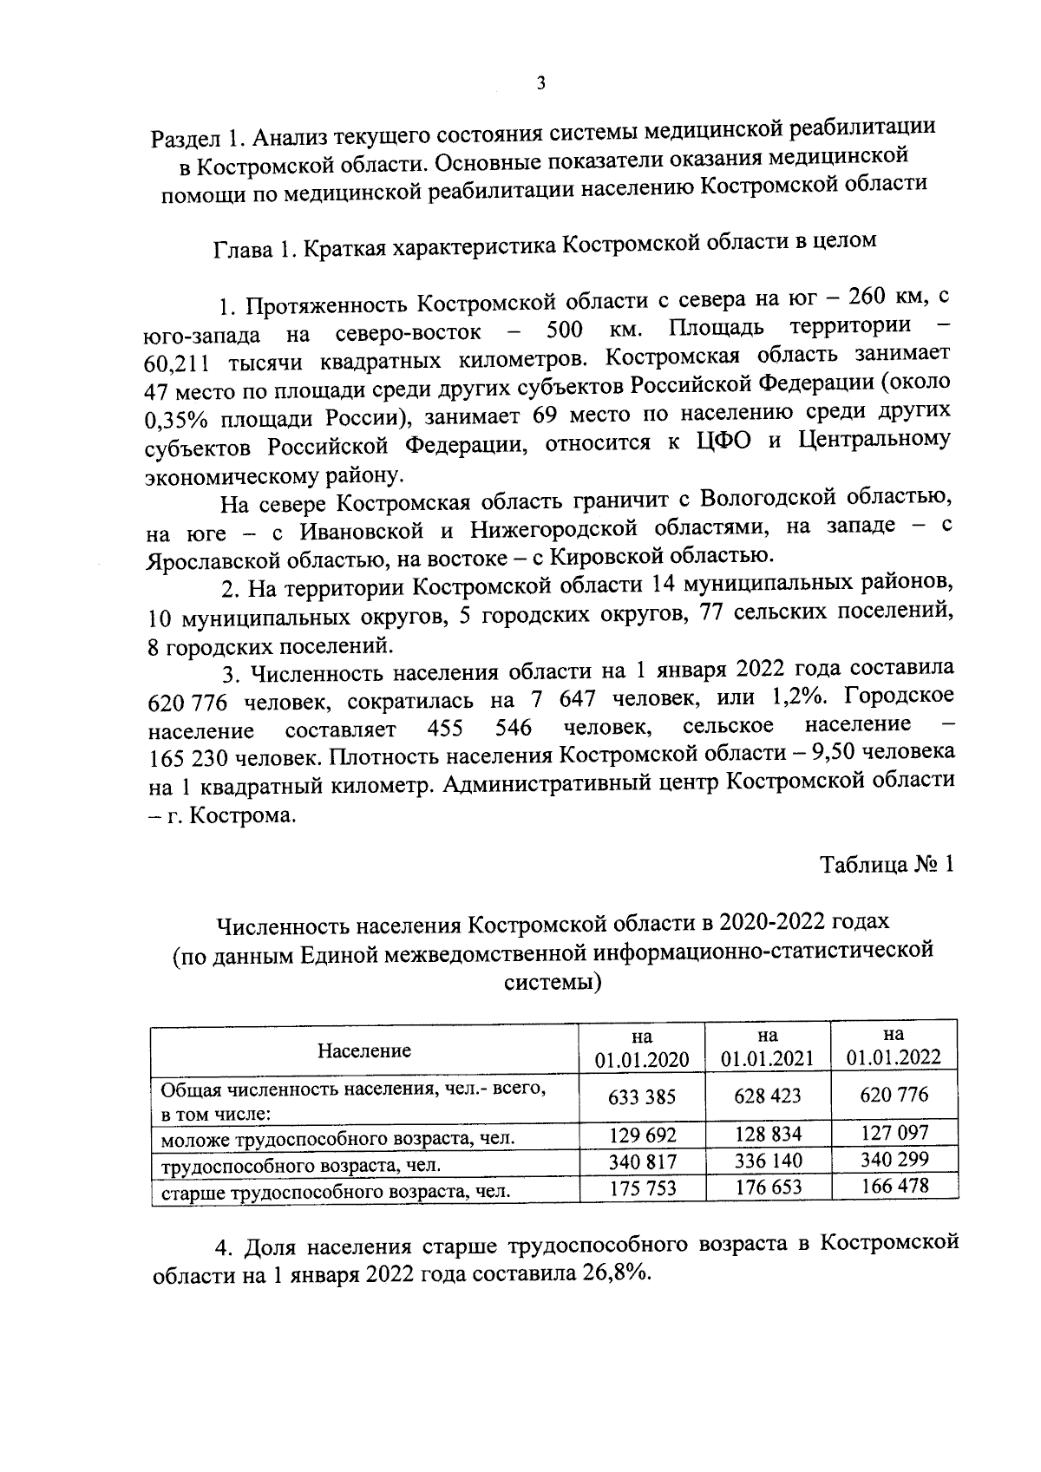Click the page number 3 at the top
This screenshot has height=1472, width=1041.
[540, 83]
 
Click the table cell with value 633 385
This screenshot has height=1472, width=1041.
[641, 1096]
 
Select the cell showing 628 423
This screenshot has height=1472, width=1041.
[767, 1096]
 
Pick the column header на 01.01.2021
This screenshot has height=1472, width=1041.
[767, 1047]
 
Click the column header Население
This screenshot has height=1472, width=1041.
[363, 1050]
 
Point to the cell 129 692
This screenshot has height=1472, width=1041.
[641, 1135]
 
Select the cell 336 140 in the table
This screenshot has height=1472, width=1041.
[767, 1161]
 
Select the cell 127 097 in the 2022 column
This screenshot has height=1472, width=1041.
[894, 1133]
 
